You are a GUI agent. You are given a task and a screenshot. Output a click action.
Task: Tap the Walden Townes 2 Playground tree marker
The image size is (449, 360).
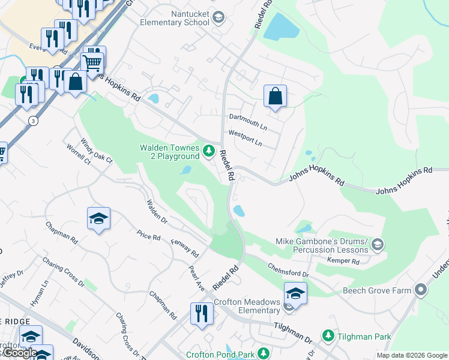pos(209,151)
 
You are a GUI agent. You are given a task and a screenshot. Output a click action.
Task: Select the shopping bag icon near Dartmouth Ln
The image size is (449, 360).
pos(275,96)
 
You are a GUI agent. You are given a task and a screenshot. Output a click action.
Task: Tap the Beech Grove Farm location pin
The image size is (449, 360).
pos(420,290)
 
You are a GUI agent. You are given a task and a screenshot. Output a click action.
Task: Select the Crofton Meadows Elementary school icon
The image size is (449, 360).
pos(295,293)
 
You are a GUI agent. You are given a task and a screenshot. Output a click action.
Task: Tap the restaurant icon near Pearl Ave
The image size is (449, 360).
pos(201,313)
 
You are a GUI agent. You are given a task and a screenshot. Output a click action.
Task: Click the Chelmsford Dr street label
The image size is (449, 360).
pos(288,270)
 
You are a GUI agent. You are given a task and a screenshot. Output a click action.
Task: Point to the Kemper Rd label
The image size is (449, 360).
pos(343,261)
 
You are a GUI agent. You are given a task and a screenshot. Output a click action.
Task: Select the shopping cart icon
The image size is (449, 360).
pos(92,62)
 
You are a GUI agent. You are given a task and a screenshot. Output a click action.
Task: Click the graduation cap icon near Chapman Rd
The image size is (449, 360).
pos(98,219)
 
